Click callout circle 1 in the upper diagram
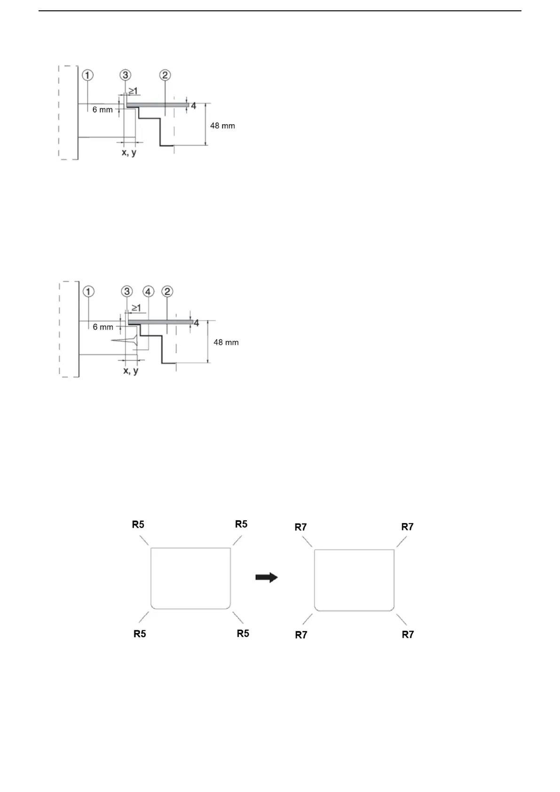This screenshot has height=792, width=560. pyautogui.click(x=88, y=75)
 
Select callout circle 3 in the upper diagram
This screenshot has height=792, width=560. pyautogui.click(x=125, y=75)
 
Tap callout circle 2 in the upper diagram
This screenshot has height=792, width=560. pyautogui.click(x=165, y=75)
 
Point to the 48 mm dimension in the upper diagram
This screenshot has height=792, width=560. pyautogui.click(x=222, y=126)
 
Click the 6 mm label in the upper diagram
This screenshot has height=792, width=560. pyautogui.click(x=103, y=110)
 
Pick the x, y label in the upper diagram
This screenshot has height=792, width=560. pyautogui.click(x=129, y=152)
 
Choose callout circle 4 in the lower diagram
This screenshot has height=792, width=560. pyautogui.click(x=148, y=292)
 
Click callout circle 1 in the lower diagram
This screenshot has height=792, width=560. pyautogui.click(x=88, y=292)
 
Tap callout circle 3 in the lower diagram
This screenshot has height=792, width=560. pyautogui.click(x=127, y=292)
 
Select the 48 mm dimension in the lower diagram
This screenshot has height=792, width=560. pyautogui.click(x=226, y=342)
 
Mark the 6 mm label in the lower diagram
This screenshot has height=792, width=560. pyautogui.click(x=103, y=327)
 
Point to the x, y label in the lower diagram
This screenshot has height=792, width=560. pyautogui.click(x=131, y=371)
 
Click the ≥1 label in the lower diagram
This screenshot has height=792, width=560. pyautogui.click(x=136, y=308)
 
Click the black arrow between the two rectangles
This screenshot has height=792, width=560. pyautogui.click(x=267, y=578)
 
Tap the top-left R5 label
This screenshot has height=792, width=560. pyautogui.click(x=138, y=524)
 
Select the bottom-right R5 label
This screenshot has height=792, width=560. pyautogui.click(x=243, y=634)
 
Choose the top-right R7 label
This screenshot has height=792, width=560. pyautogui.click(x=407, y=527)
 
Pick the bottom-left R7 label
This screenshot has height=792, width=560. pyautogui.click(x=301, y=635)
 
